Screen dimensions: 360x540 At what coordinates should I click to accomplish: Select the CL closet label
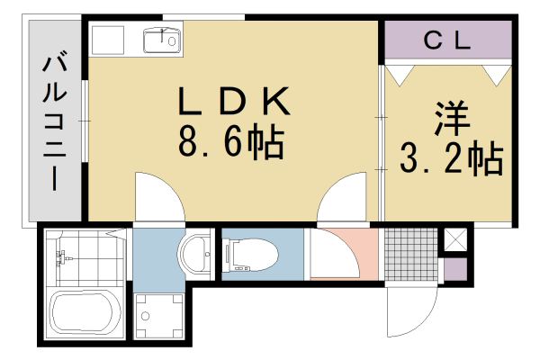(447, 40)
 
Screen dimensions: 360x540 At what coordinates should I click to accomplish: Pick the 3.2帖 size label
(450, 160)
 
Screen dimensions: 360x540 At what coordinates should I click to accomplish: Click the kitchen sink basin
(162, 40)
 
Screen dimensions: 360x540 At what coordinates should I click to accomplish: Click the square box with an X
(454, 240)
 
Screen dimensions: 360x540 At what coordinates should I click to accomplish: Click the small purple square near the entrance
(454, 268)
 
